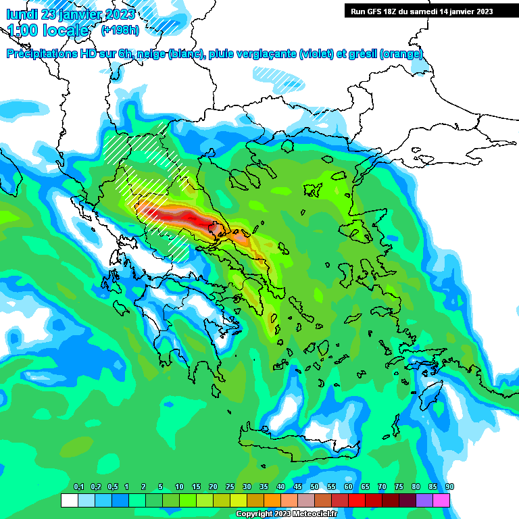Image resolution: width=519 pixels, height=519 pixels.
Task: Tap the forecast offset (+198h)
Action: coord(120,30)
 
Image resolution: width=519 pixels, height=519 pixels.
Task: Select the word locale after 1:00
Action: coord(66,30)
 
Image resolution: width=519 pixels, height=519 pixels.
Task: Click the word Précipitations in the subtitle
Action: coord(42,54)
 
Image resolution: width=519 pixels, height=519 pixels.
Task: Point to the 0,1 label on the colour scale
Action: coord(78,487)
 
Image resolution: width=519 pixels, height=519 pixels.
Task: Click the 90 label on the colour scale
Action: coord(449,487)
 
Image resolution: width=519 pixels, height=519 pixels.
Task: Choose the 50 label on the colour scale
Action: coord(314,487)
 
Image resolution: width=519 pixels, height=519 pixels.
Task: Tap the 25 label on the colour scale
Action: coord(230,487)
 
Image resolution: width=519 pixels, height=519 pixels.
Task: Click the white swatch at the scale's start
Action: coord(69,500)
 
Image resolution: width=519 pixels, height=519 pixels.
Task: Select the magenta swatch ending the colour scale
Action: coord(441,500)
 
